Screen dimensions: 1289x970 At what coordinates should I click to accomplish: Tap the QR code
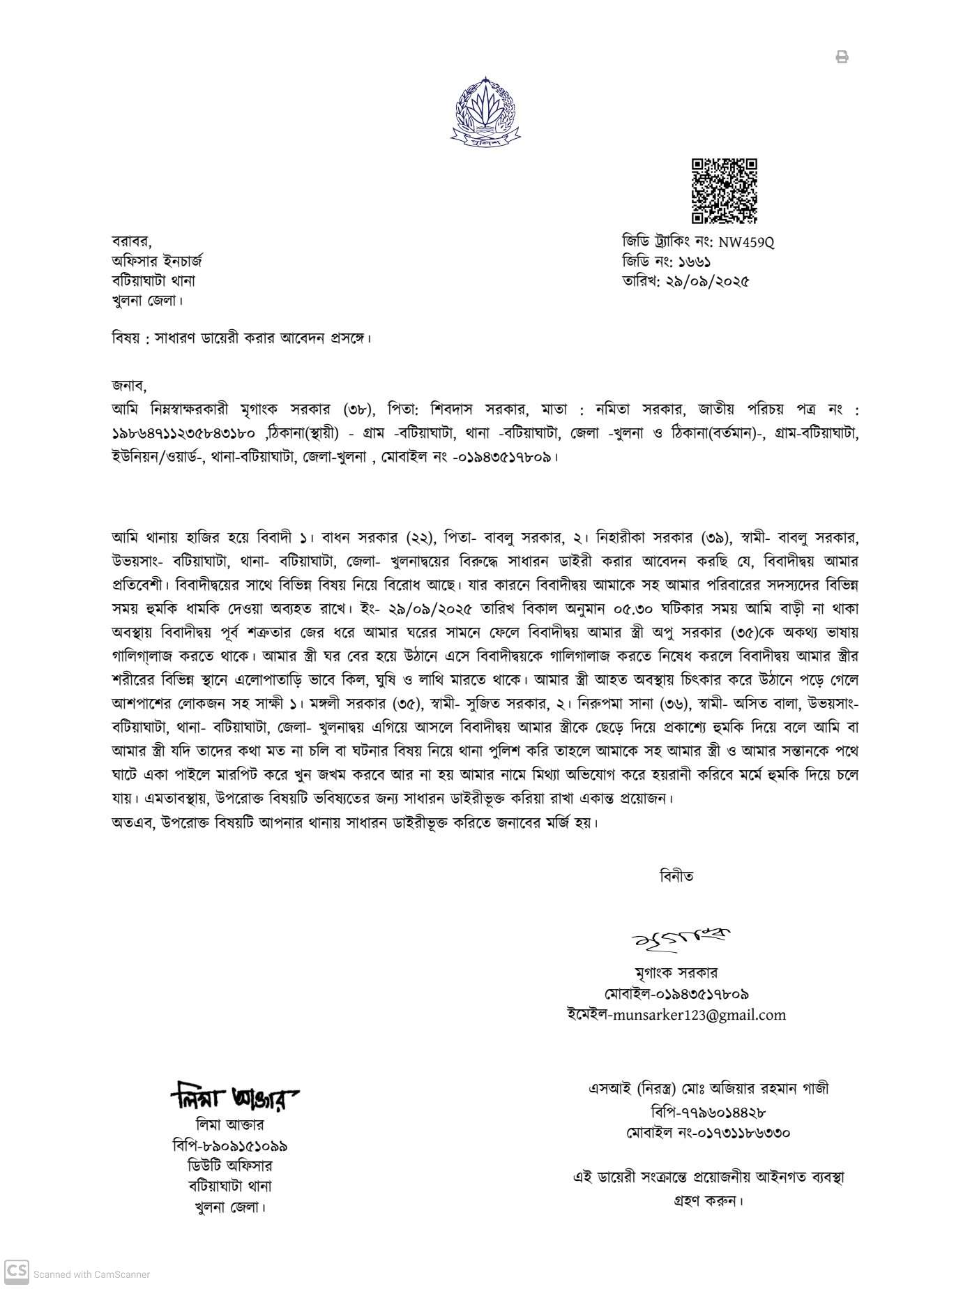(x=724, y=191)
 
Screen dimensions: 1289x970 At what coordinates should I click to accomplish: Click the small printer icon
(x=842, y=57)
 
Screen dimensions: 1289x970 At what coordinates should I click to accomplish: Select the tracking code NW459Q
(x=746, y=243)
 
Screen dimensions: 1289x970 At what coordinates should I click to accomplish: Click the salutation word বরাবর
(x=131, y=241)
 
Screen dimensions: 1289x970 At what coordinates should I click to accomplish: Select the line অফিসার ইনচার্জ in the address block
(x=157, y=262)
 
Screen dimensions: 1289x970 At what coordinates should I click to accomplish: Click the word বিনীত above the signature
(x=676, y=875)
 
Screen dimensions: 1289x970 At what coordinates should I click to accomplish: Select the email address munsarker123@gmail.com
(x=697, y=1015)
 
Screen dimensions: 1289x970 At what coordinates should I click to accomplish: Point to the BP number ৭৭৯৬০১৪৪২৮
(x=719, y=1113)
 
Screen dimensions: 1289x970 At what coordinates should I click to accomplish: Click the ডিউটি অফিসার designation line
(x=230, y=1166)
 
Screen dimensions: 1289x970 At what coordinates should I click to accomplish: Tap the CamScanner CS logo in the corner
(x=17, y=1269)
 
